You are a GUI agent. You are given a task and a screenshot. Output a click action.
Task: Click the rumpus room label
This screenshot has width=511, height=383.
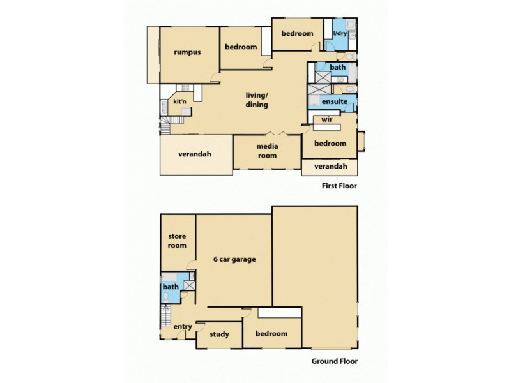[187, 52]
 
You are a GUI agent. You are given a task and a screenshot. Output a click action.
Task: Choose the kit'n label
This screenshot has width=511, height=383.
[179, 101]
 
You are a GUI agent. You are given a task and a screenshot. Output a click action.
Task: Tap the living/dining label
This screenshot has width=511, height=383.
[257, 100]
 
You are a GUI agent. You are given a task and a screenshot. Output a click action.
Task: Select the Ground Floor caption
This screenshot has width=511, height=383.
[333, 361]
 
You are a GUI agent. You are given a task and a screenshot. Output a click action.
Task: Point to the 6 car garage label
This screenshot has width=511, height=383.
[234, 259]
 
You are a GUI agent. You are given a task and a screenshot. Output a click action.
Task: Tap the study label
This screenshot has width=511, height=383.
[219, 334]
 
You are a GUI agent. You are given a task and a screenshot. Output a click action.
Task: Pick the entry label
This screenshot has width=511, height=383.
[183, 327]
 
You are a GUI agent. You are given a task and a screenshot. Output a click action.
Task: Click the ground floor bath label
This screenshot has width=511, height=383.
[171, 287]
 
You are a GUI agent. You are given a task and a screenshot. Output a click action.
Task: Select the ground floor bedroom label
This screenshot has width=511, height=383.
[271, 334]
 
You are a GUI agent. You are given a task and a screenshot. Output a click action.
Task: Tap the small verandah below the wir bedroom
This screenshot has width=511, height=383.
[330, 167]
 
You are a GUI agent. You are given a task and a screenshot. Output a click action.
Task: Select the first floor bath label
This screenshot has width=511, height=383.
[338, 68]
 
